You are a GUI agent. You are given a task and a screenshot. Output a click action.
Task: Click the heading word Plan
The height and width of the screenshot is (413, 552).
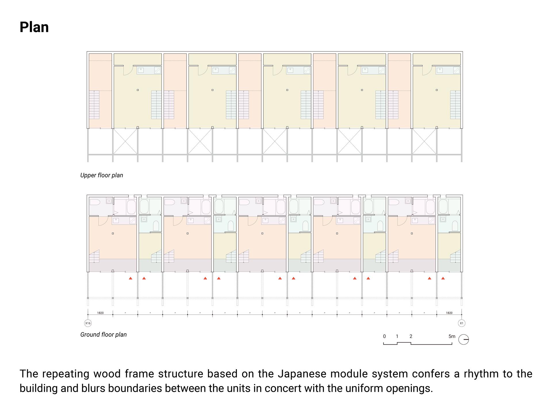[x=34, y=27]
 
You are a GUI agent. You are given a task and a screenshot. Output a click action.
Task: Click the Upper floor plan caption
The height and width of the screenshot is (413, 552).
[x=101, y=175]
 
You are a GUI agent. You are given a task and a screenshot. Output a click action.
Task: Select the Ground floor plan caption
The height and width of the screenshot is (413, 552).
[x=103, y=335]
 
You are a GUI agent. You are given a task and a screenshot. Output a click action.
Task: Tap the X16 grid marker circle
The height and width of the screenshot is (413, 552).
[x=88, y=323]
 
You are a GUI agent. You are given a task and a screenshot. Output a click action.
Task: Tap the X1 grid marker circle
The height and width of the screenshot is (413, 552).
[x=461, y=323]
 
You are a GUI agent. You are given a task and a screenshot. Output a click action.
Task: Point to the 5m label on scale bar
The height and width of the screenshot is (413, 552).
[x=452, y=336]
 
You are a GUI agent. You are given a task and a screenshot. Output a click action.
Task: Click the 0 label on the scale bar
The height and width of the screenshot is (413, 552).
[x=384, y=336]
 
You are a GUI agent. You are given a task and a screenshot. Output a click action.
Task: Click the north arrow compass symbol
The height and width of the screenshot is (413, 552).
[x=463, y=340]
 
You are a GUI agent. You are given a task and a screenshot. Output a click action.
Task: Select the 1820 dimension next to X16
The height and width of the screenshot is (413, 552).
[x=100, y=313]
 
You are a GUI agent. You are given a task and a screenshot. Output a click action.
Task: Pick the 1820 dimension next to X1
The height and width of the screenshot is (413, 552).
[x=449, y=313]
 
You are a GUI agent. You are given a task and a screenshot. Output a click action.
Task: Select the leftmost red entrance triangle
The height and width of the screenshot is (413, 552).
[x=131, y=278]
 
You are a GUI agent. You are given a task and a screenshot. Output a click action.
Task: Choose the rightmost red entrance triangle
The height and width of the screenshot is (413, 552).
[x=443, y=278]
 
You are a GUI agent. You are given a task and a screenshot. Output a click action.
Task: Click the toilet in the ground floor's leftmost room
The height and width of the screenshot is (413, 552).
[x=95, y=202]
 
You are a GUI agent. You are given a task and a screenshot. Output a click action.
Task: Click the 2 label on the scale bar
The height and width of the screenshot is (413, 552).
[x=411, y=336]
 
